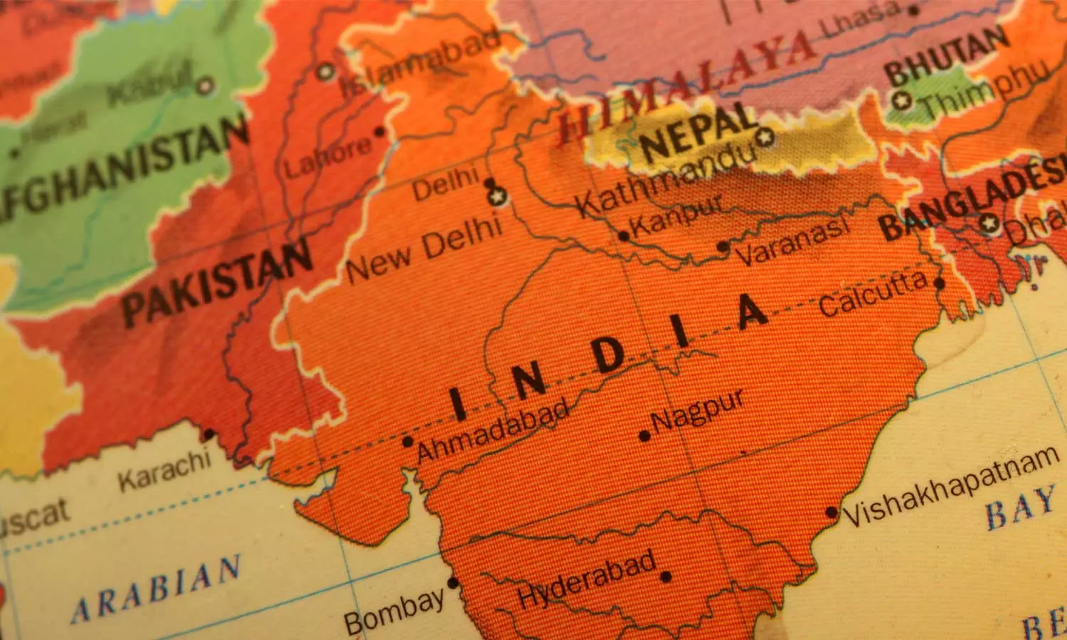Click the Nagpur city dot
[x=644, y=436]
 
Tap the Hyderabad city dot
[x=666, y=577]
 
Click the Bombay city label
[x=395, y=611]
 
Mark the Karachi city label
[x=164, y=470]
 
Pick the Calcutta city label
[x=873, y=294]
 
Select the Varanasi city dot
[x=723, y=247]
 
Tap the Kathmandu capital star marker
[x=765, y=137]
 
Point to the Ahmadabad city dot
[x=408, y=442]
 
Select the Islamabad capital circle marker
[x=326, y=71]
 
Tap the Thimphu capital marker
[x=903, y=100]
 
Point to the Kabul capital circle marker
[x=206, y=86]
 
